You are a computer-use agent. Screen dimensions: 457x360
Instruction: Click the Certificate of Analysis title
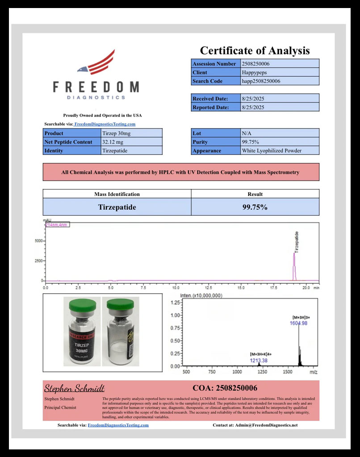tap(255, 50)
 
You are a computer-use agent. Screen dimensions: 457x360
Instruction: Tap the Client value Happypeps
tap(252, 72)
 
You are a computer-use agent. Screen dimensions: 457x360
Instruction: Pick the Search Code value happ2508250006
tap(261, 81)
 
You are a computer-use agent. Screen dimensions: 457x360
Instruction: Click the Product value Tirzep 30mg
tap(117, 133)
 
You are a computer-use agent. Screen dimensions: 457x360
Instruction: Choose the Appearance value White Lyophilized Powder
tap(272, 150)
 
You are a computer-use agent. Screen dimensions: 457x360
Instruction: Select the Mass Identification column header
tap(117, 194)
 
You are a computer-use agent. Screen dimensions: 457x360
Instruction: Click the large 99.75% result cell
tap(255, 207)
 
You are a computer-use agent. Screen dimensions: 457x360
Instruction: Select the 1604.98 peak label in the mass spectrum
tap(298, 323)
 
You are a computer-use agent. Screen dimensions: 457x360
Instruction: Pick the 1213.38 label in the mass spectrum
tap(259, 360)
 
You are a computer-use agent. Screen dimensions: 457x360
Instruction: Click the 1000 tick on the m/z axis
tap(237, 372)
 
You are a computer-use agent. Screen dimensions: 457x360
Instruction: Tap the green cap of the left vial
tap(83, 305)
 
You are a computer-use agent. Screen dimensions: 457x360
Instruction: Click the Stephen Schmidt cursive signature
tap(74, 388)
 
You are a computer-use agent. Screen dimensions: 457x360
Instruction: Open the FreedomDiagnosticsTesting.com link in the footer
tap(118, 425)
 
